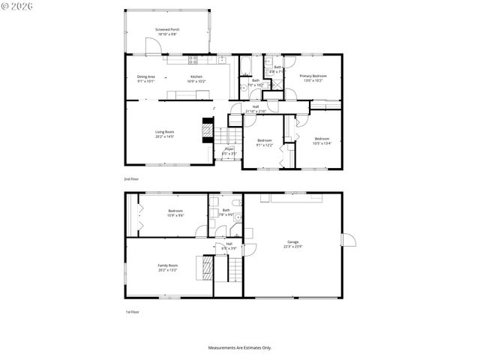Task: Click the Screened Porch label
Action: [x=166, y=29]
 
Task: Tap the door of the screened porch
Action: [x=153, y=47]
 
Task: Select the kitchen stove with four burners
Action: [x=193, y=60]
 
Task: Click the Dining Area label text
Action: [x=145, y=76]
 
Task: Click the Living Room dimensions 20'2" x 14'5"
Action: [x=164, y=137]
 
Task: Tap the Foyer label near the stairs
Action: [x=229, y=148]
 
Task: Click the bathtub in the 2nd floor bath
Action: [x=245, y=67]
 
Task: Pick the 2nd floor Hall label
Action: [x=255, y=106]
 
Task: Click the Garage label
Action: [x=292, y=241]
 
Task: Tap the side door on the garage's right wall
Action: [x=347, y=240]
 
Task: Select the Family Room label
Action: [x=167, y=265]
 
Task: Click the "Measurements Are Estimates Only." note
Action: [x=239, y=347]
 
